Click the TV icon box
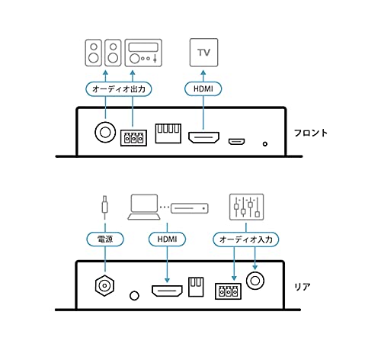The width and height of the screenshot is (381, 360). tap(203, 53)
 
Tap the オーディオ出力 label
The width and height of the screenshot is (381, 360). tap(119, 89)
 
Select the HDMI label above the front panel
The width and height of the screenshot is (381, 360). tap(203, 88)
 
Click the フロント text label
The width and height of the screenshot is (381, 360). tap(311, 133)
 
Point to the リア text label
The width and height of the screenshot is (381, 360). tap(303, 287)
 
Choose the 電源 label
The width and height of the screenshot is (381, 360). tap(105, 239)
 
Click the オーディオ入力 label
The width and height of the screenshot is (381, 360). tap(245, 239)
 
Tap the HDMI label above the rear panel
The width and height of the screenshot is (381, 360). tap(167, 239)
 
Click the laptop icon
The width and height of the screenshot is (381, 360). tap(144, 207)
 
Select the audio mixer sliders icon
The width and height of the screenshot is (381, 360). tap(246, 207)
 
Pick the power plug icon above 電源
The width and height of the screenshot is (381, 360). tap(104, 207)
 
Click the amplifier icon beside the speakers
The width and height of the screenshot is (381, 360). tap(143, 53)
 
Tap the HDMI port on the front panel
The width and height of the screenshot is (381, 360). tap(203, 137)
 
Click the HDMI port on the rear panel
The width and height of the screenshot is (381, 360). tap(167, 291)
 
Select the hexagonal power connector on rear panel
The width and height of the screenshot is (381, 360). tap(104, 285)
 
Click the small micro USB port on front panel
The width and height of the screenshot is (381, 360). tap(236, 142)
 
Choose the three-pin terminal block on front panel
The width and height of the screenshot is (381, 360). tap(133, 138)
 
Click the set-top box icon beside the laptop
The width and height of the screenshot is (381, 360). tap(190, 208)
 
